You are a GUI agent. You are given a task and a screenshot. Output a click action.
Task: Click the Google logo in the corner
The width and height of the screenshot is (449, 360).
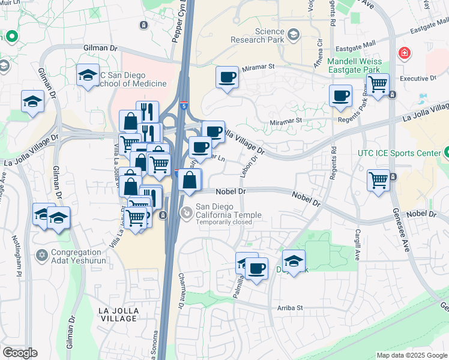(20, 353)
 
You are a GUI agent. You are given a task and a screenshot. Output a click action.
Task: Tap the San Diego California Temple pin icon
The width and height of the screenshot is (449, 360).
(187, 212)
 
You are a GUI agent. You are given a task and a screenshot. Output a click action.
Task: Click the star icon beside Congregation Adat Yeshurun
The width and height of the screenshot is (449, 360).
(41, 256)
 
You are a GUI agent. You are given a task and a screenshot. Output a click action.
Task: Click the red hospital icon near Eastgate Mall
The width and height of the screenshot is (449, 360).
(405, 53)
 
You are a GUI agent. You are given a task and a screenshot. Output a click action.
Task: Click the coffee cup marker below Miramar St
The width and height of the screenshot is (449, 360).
(227, 78)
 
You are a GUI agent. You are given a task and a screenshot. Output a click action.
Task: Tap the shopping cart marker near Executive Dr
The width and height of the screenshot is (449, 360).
(378, 85)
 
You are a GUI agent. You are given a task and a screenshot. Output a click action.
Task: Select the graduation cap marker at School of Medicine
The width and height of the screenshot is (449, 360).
(88, 76)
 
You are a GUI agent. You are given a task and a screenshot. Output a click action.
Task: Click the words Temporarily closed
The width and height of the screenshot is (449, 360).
(225, 221)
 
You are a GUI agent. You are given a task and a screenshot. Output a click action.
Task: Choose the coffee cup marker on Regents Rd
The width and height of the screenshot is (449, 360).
(340, 96)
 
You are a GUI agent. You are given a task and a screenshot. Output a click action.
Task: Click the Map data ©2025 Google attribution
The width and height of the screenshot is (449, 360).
(411, 355)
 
